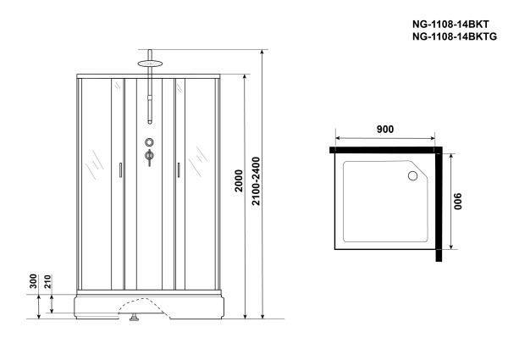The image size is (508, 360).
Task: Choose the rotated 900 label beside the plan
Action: click(458, 204)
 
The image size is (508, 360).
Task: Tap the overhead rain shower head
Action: click(150, 61)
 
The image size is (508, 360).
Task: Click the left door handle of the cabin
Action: click(119, 170)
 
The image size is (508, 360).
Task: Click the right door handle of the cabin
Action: click(179, 170)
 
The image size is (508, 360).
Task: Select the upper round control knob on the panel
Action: click(150, 143)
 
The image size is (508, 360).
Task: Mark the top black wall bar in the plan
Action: click(385, 149)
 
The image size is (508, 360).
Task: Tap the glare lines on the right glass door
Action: click(201, 158)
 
